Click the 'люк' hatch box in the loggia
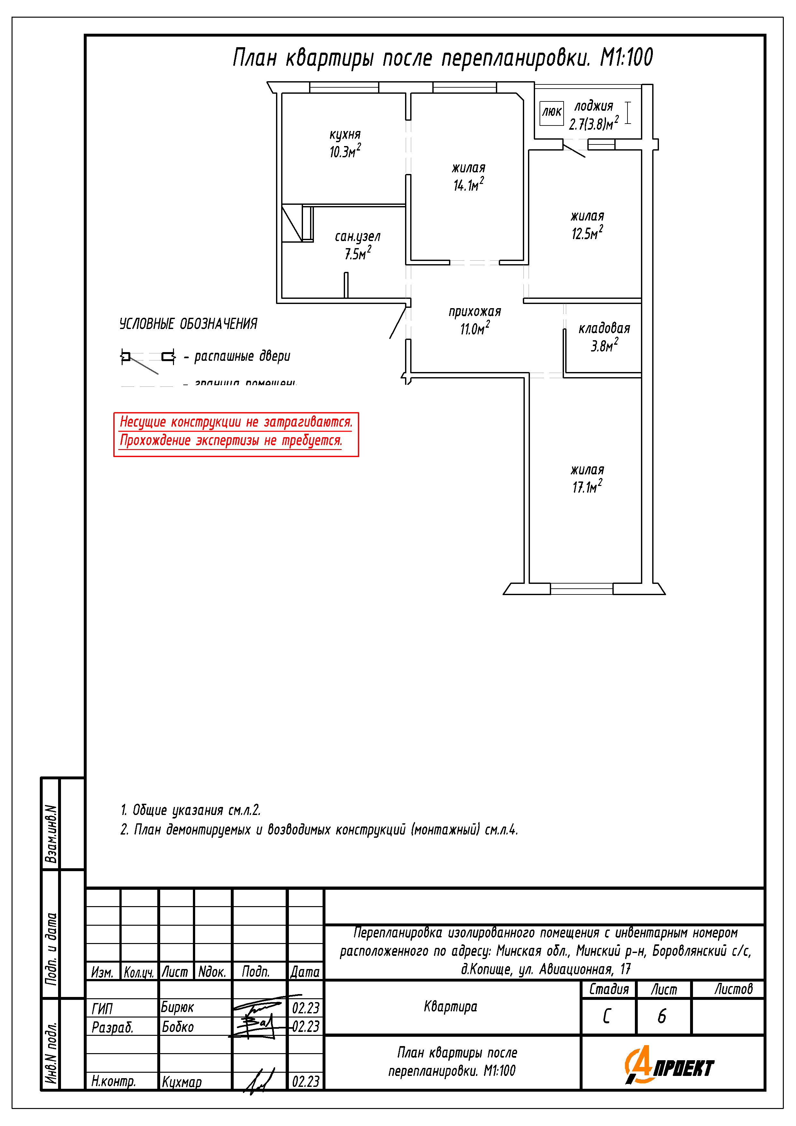pyautogui.click(x=551, y=113)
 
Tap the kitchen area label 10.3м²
pyautogui.click(x=345, y=151)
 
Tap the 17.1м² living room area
pyautogui.click(x=587, y=487)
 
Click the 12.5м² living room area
pyautogui.click(x=587, y=233)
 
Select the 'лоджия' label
pyautogui.click(x=593, y=106)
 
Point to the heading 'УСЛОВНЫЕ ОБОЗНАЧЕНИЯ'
pyautogui.click(x=188, y=324)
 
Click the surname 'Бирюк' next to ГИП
pyautogui.click(x=177, y=1007)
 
